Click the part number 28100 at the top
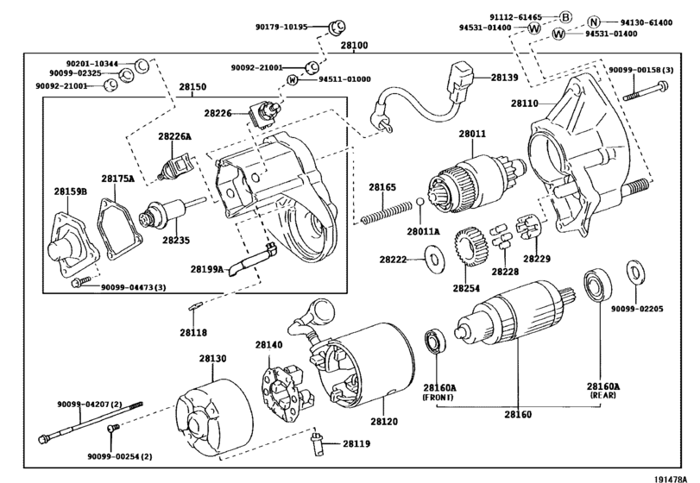coord(355,46)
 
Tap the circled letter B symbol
coord(565,17)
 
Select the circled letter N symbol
coord(593,22)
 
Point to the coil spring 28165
coord(387,212)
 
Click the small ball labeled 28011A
coord(420,202)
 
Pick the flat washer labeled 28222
coord(433,259)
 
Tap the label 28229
coord(537,259)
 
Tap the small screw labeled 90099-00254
coord(113,428)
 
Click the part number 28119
coord(356,443)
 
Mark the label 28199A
coord(206,269)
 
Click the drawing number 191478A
coord(671,479)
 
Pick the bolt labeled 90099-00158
coord(646,90)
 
